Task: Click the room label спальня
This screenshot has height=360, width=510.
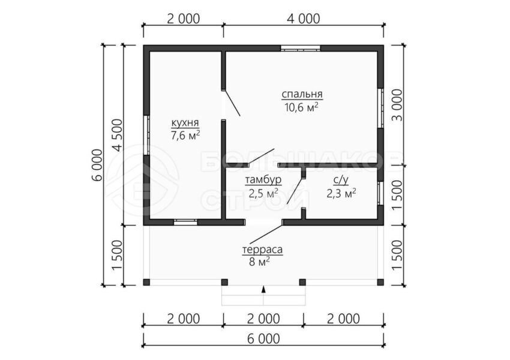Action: click(x=302, y=94)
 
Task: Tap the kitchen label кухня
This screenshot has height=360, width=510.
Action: click(x=185, y=123)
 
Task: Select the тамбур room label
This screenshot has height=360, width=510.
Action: click(x=263, y=180)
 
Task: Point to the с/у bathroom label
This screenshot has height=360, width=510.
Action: click(x=341, y=181)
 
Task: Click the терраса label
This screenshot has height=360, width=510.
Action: click(x=262, y=250)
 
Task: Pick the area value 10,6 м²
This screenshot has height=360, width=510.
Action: click(x=301, y=107)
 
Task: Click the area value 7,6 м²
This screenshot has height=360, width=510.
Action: click(x=185, y=135)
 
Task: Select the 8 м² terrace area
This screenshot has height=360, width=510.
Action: click(x=259, y=262)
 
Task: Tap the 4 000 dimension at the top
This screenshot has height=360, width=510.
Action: click(x=304, y=19)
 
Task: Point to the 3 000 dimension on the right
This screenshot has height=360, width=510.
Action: click(x=397, y=105)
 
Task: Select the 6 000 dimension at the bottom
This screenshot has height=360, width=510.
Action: click(x=263, y=339)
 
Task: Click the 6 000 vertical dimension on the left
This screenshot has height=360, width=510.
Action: click(x=97, y=165)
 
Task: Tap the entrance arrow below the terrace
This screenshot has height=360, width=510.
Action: click(x=263, y=290)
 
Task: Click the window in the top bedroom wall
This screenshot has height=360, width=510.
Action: click(x=301, y=49)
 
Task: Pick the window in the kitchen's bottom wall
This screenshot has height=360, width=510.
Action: click(x=185, y=223)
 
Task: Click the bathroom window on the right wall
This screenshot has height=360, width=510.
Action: click(x=380, y=193)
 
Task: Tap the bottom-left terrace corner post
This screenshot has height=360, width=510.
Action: click(x=146, y=282)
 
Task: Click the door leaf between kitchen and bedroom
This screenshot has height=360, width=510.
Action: click(x=232, y=103)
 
